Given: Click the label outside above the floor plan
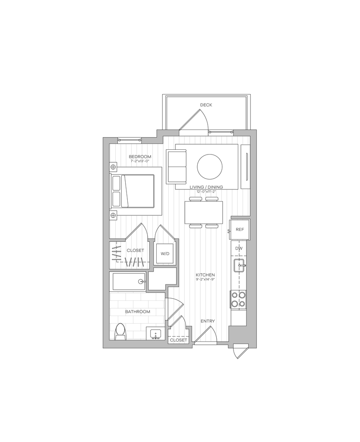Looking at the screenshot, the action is (207, 105).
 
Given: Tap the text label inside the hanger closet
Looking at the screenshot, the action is (136, 250).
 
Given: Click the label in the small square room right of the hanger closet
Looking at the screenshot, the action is (165, 254).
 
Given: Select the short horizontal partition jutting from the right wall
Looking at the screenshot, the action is (240, 217).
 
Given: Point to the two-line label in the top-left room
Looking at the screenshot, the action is (140, 158).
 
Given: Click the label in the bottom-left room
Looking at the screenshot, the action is (138, 312).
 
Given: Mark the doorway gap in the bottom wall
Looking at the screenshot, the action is (205, 343).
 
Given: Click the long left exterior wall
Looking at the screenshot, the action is (104, 242).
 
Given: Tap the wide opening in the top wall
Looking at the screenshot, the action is (206, 132).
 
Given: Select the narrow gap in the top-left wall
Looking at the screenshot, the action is (130, 140).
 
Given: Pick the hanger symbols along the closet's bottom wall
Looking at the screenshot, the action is (134, 262).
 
